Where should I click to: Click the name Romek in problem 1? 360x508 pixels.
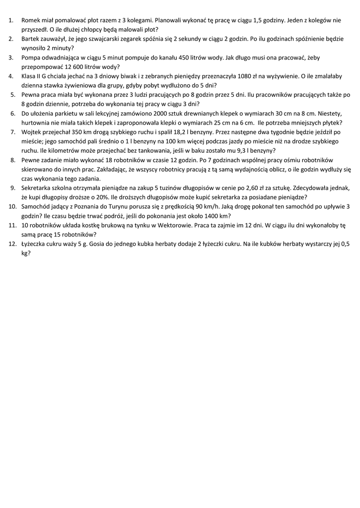pos(31,21)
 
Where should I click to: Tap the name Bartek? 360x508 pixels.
pos(31,39)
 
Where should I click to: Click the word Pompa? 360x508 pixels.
pos(32,58)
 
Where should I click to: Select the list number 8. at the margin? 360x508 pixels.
pos(13,160)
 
